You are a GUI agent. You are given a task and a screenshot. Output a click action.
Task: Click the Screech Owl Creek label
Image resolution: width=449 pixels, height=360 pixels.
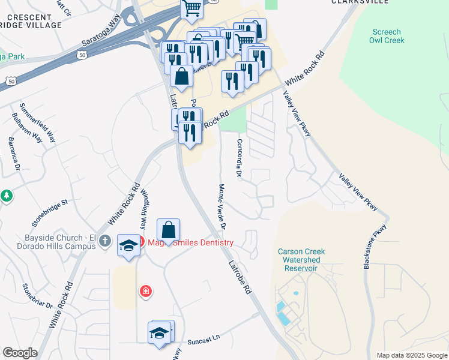click(387, 36)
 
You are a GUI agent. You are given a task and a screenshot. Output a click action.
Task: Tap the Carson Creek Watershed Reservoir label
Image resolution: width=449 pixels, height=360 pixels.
click(301, 260)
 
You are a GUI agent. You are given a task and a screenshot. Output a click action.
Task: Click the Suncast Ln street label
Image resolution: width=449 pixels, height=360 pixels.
click(203, 340)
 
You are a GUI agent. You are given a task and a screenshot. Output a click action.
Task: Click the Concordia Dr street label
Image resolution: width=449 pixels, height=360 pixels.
click(239, 160)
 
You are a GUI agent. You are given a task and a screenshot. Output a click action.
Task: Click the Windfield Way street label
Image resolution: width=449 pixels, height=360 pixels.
click(143, 209)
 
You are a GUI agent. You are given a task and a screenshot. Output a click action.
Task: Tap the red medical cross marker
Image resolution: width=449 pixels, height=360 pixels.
click(145, 292)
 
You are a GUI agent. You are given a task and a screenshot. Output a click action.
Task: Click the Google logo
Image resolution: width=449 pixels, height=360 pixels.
click(20, 353)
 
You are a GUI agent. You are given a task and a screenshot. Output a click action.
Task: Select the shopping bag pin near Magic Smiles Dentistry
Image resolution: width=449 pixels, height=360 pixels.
click(169, 230)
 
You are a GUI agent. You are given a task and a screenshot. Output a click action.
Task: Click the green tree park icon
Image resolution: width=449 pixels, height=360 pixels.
click(6, 196)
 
